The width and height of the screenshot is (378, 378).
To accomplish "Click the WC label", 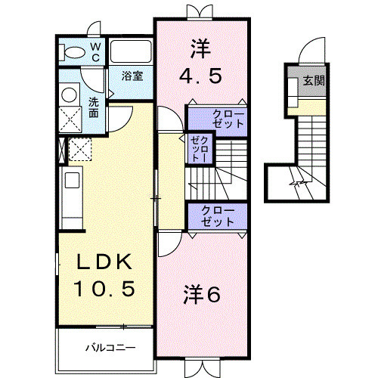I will pos(96,51).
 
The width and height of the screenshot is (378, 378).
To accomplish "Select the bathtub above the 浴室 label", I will pos(132,52).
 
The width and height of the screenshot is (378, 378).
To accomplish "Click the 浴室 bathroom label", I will pos(132,76).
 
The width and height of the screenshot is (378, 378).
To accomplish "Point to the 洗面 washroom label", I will pos(93,107).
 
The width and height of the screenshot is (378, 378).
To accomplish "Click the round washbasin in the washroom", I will pos(68,94).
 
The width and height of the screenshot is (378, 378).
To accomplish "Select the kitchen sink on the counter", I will pos(72,181).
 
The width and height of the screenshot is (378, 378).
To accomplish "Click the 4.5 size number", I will pos(201,77).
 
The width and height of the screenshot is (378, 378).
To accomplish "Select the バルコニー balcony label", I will pos(110,349).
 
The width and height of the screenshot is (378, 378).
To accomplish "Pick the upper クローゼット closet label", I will pos(218,119).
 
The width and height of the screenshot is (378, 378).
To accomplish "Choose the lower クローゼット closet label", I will pos(218,215).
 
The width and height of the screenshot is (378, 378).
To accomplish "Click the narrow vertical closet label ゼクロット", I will pos(199,149).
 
